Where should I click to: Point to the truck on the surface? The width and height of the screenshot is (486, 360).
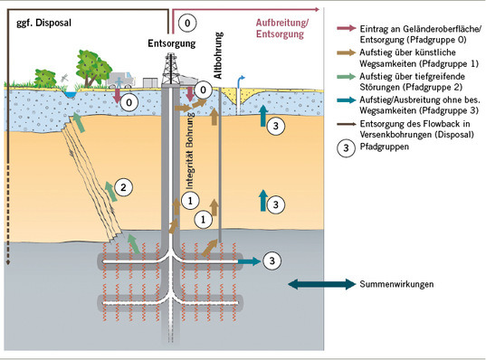tap(123, 81)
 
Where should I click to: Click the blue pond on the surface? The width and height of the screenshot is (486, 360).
tap(67, 93)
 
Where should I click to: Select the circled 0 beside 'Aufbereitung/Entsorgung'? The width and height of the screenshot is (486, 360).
tap(187, 20)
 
